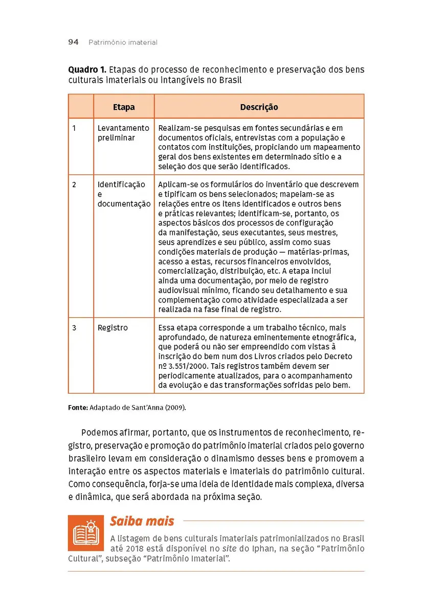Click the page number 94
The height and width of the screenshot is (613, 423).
pos(73,42)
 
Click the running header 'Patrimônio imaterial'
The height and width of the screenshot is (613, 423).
pos(123,43)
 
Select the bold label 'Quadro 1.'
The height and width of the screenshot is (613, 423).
pos(86,70)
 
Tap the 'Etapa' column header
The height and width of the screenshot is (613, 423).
pos(124,107)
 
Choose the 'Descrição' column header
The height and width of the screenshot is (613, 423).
pos(259,107)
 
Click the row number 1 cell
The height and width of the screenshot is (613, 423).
pos(74,128)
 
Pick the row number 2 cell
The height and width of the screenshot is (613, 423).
pos(74,184)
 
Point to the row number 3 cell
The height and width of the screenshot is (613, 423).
pos(74,327)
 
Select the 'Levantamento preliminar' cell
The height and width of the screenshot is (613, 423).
pos(123,133)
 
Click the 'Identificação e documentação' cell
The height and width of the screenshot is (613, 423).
pos(123,194)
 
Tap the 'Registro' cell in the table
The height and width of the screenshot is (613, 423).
pos(113,327)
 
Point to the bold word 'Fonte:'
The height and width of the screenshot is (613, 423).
pos(78,408)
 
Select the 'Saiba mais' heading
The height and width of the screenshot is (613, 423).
pos(142,521)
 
